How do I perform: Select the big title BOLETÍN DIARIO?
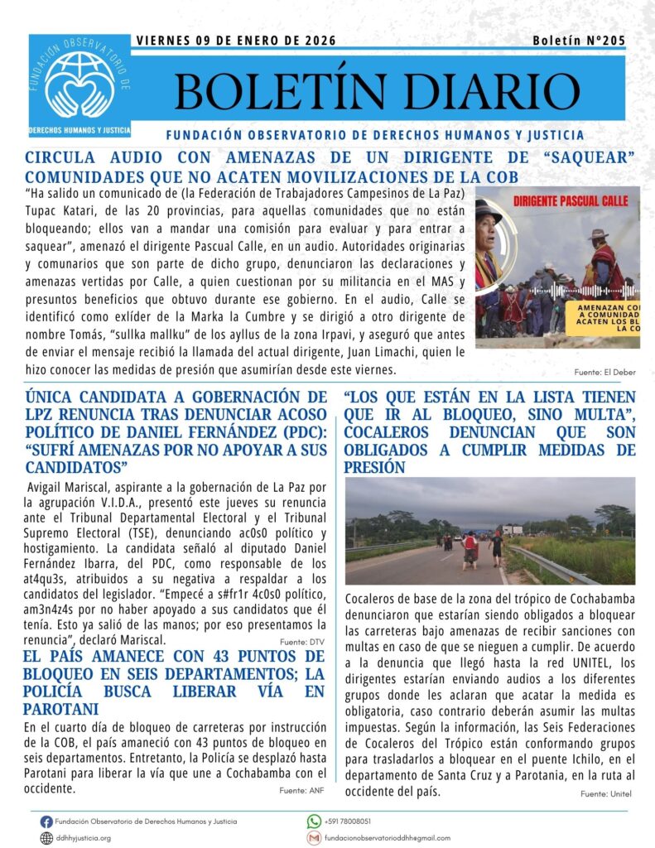pos(377,89)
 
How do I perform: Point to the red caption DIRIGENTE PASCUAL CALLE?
pos(559,200)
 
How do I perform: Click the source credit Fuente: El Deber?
pos(604,373)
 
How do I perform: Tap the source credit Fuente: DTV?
pos(304,642)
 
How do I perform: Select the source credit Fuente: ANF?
pos(302,791)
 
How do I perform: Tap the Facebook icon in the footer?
pos(46,821)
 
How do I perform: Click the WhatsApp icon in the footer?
pos(314,821)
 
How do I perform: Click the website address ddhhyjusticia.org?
pos(83,838)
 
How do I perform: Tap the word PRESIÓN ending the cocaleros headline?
pos(374,468)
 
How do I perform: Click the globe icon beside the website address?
pos(46,838)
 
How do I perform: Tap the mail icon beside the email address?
pos(314,838)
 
